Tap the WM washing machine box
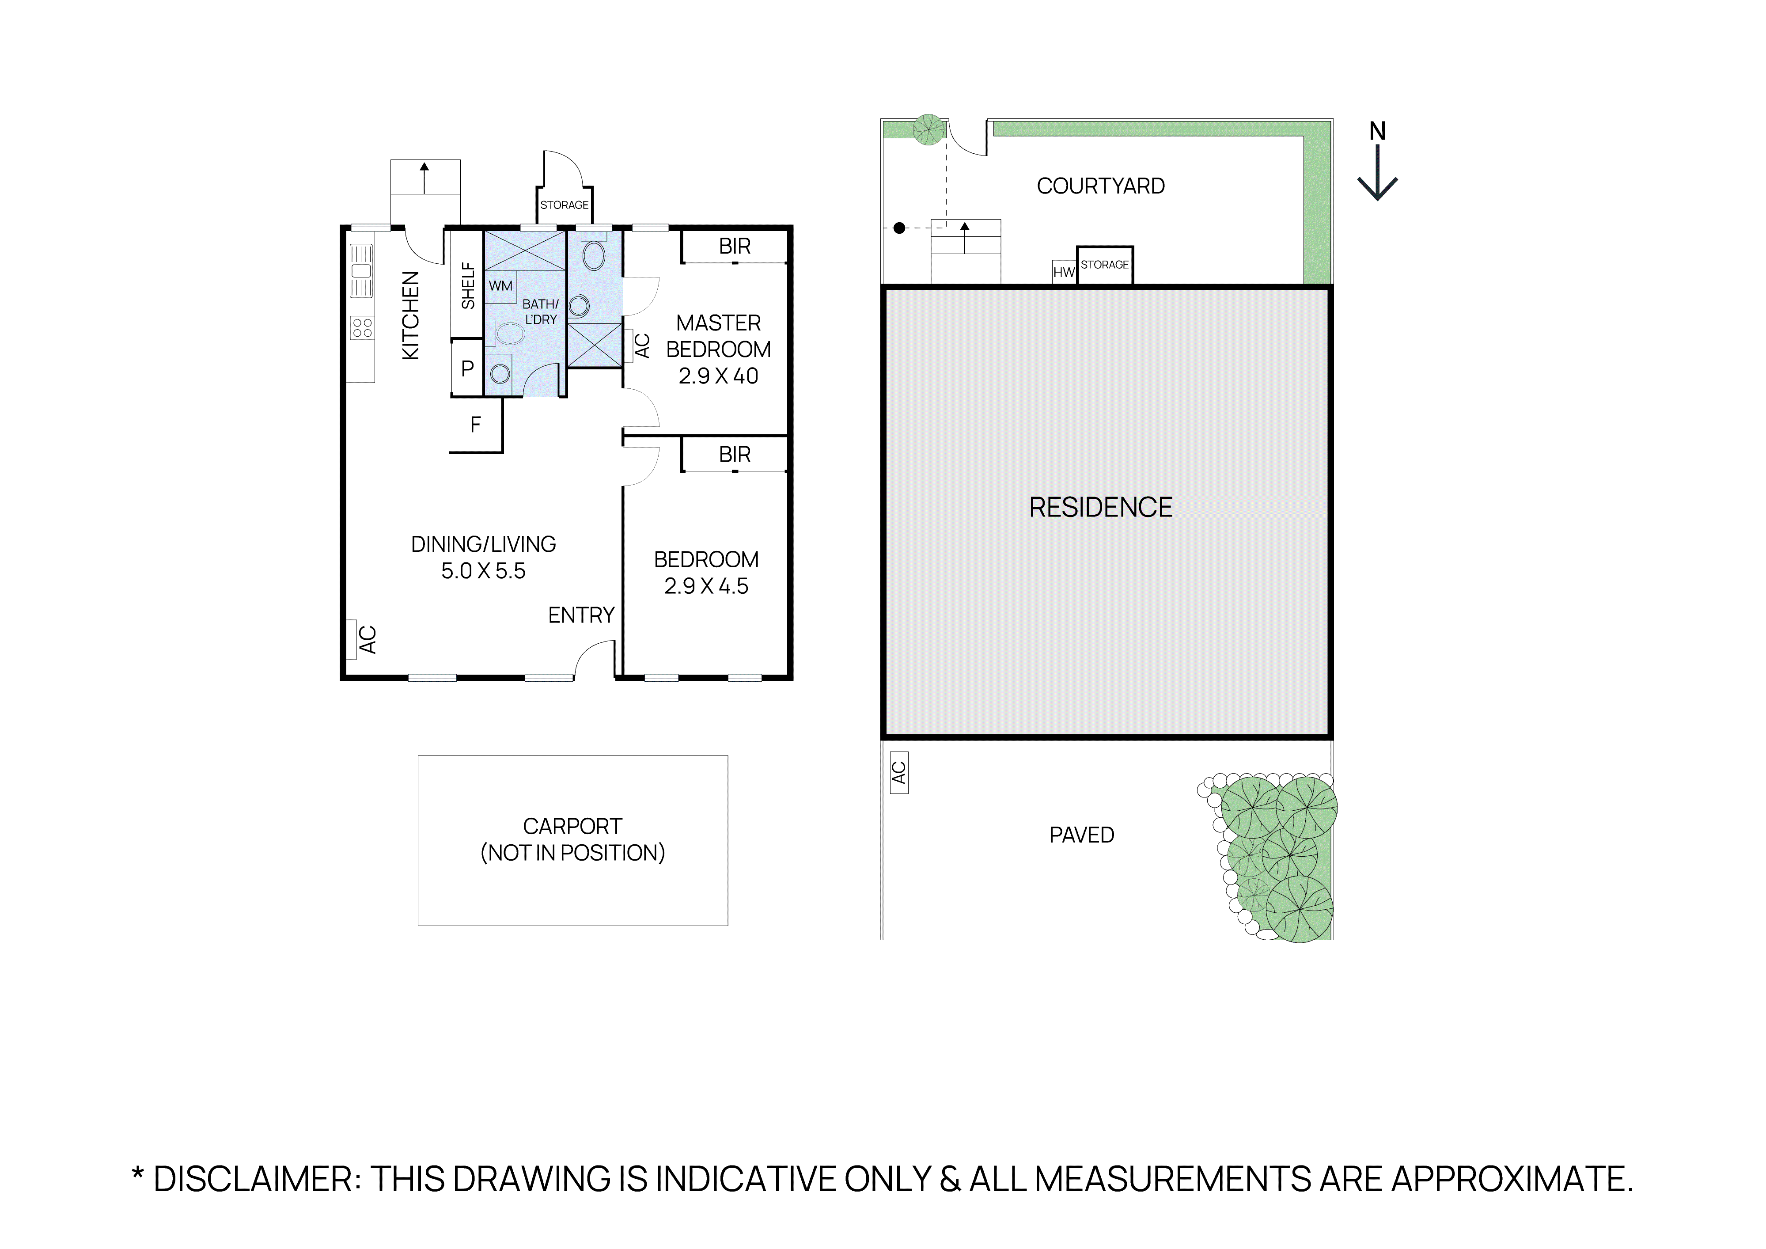(x=501, y=286)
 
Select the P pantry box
(x=467, y=368)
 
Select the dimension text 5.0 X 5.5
(x=483, y=571)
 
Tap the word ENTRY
(x=581, y=615)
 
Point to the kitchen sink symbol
(x=361, y=271)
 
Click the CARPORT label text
(x=572, y=826)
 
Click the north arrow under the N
(x=1377, y=175)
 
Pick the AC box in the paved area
(x=898, y=772)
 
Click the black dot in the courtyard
(x=899, y=228)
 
